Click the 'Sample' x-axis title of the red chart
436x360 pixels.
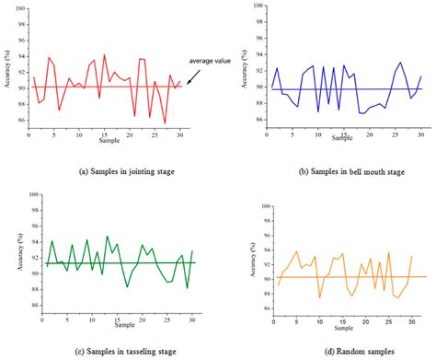pos(106,144)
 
